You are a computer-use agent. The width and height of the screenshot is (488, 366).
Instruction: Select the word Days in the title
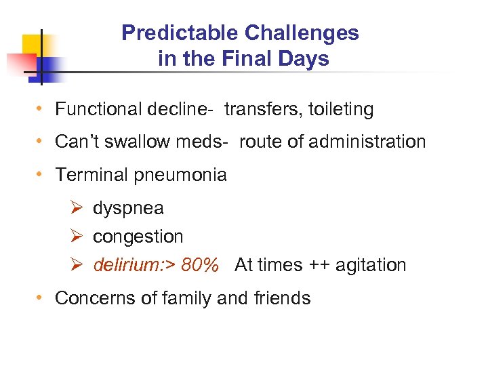pos(307,59)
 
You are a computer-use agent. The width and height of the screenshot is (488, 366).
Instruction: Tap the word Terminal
pos(89,175)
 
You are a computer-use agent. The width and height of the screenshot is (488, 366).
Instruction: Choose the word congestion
pos(138,237)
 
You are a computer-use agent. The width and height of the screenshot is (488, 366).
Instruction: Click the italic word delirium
pos(123,265)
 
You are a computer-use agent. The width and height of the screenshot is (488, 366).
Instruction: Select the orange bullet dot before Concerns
pos(42,298)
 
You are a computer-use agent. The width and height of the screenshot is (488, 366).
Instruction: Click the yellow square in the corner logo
pos(30,45)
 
